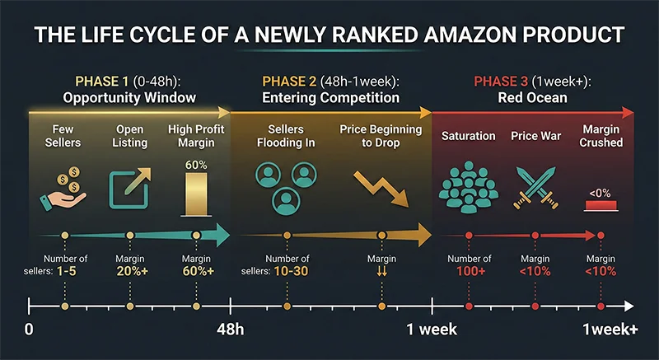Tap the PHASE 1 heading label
[103, 82]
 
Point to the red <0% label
[599, 193]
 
